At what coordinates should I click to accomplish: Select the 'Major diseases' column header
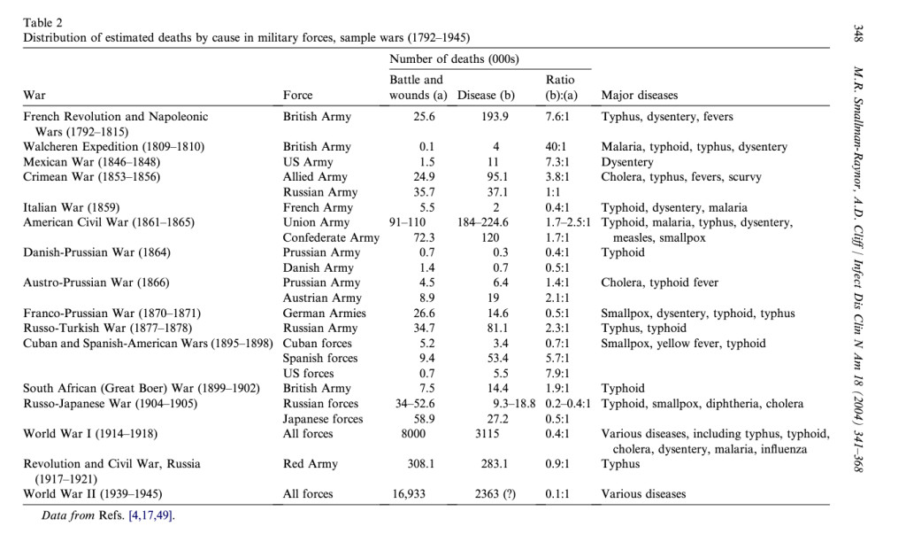[x=640, y=95]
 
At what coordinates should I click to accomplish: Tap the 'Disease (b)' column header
[x=487, y=95]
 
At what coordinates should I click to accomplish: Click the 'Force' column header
[x=298, y=95]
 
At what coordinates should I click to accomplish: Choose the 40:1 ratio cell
[x=557, y=146]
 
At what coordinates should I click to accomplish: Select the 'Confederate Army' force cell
[x=331, y=237]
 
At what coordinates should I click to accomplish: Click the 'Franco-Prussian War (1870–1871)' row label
[x=112, y=313]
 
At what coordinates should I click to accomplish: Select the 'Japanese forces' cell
[x=323, y=418]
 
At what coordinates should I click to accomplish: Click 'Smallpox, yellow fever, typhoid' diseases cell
[x=684, y=343]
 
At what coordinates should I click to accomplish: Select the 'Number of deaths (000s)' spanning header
[x=454, y=58]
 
